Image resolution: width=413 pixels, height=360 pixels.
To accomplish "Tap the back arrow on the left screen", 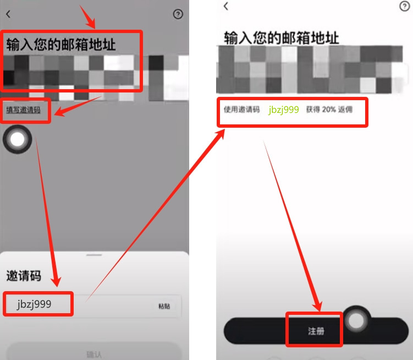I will (8, 15).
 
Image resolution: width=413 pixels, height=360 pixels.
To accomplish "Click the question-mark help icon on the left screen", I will (178, 15).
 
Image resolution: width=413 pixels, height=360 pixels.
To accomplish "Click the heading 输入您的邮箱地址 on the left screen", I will (61, 45).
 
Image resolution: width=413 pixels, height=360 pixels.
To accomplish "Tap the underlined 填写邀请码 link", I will (23, 110).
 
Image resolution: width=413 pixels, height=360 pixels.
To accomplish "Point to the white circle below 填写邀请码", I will (18, 140).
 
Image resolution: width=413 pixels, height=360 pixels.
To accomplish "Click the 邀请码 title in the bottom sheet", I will (24, 276).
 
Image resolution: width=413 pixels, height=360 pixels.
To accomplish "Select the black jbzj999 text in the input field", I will (34, 304).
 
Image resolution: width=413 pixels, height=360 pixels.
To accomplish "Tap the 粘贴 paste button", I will (164, 306).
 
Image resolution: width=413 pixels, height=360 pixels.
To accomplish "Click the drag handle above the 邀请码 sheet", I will (95, 255).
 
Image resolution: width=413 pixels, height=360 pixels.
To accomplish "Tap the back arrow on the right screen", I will (226, 6).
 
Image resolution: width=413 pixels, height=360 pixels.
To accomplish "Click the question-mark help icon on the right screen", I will (404, 6).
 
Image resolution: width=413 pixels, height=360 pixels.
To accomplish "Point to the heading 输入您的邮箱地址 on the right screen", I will (281, 37).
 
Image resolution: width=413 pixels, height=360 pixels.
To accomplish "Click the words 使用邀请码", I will (241, 110).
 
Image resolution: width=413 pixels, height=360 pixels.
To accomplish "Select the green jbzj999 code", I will (284, 110).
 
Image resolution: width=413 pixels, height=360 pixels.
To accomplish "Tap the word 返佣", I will (346, 110).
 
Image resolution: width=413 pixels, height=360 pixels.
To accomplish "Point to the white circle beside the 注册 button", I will (357, 320).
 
